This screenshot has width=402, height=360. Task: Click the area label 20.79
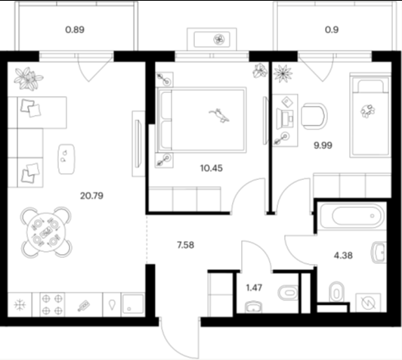[91, 196]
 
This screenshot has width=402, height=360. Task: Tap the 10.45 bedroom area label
[212, 169]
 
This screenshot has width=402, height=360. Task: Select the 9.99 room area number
[323, 145]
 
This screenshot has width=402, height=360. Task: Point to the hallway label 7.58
[185, 245]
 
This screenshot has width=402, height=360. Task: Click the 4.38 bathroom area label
[343, 256]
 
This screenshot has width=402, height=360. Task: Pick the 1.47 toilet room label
[254, 287]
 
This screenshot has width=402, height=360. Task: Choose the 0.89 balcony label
[75, 29]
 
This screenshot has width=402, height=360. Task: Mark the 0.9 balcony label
[332, 29]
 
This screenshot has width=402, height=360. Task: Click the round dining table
[46, 232]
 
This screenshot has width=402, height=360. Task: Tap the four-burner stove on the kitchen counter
[52, 305]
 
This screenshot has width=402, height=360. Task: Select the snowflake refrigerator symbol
[20, 305]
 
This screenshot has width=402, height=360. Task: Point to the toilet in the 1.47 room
[288, 293]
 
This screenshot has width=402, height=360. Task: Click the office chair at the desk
[314, 116]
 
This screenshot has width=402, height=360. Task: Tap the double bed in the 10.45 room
[202, 120]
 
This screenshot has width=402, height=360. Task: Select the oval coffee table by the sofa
[66, 159]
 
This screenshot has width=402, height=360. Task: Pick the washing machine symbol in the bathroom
[368, 303]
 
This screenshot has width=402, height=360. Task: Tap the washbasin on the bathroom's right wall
[379, 253]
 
